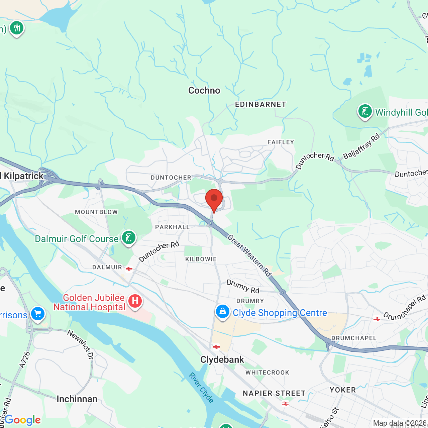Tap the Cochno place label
pos(204,91)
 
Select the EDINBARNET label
pos(260,105)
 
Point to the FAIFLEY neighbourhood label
pos(281,142)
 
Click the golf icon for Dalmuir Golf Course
pos(129,238)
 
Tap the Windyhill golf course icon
pos(365,111)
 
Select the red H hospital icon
pos(135,301)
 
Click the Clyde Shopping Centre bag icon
pos(222,312)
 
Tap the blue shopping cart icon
pos(38,314)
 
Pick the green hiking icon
pos(16,28)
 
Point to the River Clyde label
pos(201,388)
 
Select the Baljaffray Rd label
pos(362,146)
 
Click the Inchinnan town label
pos(77,399)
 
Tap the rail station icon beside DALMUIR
pos(129,269)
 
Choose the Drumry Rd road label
pos(243,287)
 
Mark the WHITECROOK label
pos(267,372)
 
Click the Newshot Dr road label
pos(80,345)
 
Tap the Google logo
pos(23,420)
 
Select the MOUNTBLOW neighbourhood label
pos(96,212)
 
